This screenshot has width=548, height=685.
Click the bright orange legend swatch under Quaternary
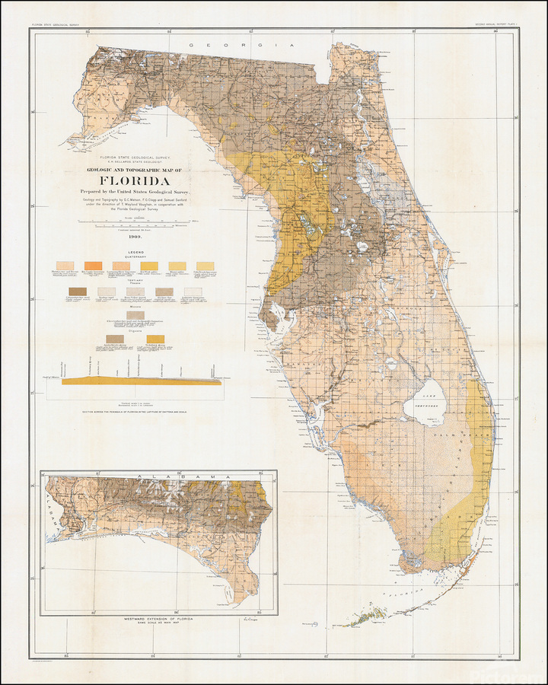coord(94,266)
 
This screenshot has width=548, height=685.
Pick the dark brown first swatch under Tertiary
coord(78,292)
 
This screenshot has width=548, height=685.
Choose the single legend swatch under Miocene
coord(136,314)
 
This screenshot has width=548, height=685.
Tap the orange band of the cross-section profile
coord(142,381)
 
